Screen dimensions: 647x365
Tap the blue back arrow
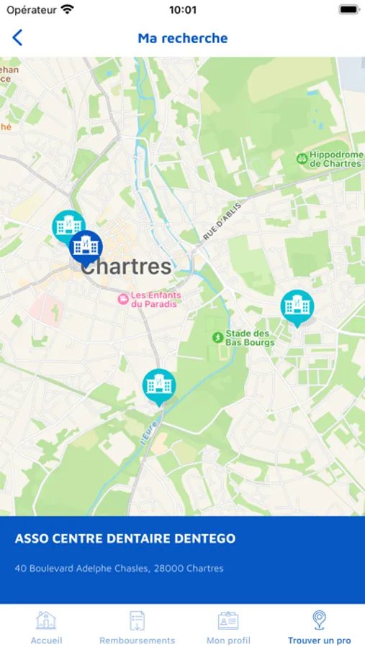tap(17, 38)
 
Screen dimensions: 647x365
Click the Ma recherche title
tap(183, 38)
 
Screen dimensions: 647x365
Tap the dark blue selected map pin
tap(86, 247)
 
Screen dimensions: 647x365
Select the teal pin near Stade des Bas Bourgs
tap(297, 306)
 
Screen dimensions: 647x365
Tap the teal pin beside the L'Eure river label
tap(158, 385)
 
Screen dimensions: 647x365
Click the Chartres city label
tap(127, 267)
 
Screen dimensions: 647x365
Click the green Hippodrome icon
tap(302, 158)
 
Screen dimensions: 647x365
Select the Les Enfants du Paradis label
tap(156, 299)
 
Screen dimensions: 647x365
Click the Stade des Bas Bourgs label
tap(249, 338)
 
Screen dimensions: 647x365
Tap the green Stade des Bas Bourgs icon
tap(217, 337)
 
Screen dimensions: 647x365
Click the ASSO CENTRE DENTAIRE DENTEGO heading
tap(125, 538)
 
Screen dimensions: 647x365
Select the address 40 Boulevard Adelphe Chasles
tap(120, 569)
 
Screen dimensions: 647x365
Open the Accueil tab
tap(46, 626)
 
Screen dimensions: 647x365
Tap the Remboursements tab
tap(137, 626)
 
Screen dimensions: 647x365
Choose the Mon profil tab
tap(228, 626)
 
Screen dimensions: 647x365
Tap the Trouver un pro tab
tap(319, 626)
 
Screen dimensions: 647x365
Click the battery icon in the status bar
tap(348, 10)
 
